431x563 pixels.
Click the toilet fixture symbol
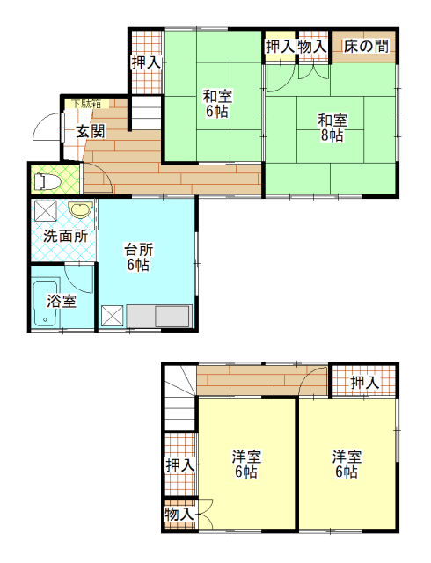click(x=46, y=181)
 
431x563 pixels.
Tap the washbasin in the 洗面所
click(x=80, y=209)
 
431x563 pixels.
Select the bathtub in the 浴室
click(x=46, y=303)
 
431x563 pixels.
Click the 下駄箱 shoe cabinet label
click(x=86, y=104)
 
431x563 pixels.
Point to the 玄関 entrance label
click(x=90, y=131)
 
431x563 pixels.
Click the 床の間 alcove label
click(x=366, y=47)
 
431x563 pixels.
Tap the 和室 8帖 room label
click(x=332, y=128)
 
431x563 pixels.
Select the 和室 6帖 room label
click(x=217, y=104)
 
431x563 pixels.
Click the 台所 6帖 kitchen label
click(x=138, y=257)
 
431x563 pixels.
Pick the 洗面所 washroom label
click(x=66, y=236)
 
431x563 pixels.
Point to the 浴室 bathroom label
click(x=62, y=301)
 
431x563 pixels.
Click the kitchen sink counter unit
click(x=158, y=317)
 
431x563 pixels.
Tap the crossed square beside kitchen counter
click(x=112, y=317)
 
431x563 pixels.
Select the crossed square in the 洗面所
click(x=45, y=211)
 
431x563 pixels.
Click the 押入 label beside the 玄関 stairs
click(x=146, y=62)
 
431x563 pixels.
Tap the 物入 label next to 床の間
click(x=312, y=47)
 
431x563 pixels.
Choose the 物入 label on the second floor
click(x=179, y=514)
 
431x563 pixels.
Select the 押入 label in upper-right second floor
click(x=365, y=383)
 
